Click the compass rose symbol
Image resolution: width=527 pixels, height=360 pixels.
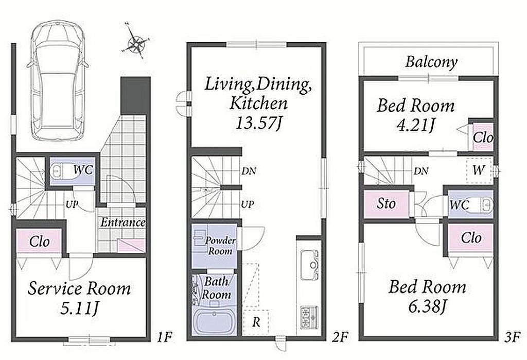135,42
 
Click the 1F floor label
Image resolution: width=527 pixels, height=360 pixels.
164,336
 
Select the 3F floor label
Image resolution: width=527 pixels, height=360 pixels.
512,336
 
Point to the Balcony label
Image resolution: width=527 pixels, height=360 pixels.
432,62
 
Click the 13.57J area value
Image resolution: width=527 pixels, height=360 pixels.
259,124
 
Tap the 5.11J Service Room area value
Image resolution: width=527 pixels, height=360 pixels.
79,308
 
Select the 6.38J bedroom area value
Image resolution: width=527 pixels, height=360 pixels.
428,305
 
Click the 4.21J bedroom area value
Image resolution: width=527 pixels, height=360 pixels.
416,125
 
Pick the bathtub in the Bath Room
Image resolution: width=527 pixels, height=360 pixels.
214,321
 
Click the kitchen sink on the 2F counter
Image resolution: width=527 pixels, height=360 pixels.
309,265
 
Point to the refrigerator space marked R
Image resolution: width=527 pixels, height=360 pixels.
256,322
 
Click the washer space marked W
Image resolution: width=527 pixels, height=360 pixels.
479,170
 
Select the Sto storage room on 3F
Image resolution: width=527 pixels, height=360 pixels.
387,203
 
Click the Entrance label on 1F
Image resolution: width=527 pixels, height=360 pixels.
122,222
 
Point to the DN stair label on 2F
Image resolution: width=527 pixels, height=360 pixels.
249,171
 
